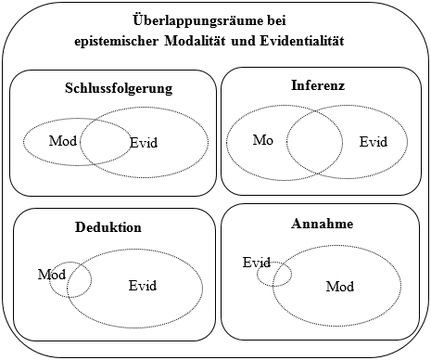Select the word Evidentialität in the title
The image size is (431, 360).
point(302,41)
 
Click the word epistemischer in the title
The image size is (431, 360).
point(116,42)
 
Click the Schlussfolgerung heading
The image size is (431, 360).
point(119,89)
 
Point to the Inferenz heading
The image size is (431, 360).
point(318,85)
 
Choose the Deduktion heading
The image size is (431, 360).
point(108,227)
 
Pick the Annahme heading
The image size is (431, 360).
point(322,224)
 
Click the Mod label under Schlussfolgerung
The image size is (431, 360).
point(63,141)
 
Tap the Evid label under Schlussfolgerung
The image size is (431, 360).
point(144,143)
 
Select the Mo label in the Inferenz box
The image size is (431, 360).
point(263,140)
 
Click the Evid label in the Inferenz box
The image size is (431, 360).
point(374,142)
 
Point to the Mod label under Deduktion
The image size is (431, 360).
point(52,275)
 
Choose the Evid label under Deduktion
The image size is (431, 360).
point(143,286)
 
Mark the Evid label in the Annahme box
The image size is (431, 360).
point(257,263)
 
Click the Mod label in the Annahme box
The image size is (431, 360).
point(340,287)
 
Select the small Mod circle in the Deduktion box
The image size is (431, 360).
point(92,280)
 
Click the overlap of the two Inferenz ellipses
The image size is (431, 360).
point(314,142)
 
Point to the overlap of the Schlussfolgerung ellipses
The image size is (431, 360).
point(106,142)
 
